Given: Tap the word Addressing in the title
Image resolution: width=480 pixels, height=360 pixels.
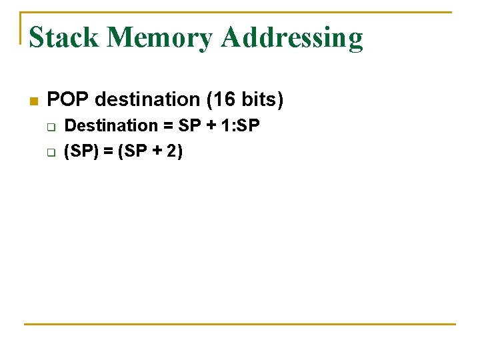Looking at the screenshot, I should [x=292, y=39].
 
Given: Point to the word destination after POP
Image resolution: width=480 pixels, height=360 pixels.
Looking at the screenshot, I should [x=147, y=100].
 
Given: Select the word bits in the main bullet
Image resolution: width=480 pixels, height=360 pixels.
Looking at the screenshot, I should [x=259, y=100].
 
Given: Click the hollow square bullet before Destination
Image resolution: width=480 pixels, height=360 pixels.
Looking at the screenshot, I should [x=51, y=126].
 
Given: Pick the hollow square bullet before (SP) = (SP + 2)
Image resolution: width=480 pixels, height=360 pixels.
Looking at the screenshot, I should [x=51, y=152].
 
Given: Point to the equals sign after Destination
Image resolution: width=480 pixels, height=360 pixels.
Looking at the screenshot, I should [x=168, y=126].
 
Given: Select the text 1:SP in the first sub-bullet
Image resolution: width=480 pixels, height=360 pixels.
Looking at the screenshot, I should [x=240, y=125].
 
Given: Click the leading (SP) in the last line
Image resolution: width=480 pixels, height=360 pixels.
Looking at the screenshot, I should [x=81, y=151].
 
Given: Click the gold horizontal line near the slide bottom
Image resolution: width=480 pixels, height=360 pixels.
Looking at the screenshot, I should [x=240, y=324].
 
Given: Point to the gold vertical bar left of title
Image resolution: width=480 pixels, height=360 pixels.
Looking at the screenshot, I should [x=21, y=28].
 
